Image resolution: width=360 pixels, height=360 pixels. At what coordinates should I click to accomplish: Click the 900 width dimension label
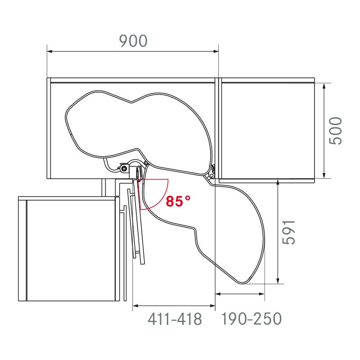tap(133, 41)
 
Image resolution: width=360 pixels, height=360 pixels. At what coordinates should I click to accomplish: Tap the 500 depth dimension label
tap(336, 130)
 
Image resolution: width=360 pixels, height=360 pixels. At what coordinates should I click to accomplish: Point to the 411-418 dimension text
tap(175, 319)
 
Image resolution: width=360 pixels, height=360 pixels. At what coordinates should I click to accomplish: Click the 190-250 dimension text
tap(251, 319)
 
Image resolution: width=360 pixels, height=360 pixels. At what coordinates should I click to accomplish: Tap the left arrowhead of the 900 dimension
tap(50, 52)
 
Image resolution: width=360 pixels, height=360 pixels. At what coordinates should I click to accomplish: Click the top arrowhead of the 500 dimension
tap(324, 86)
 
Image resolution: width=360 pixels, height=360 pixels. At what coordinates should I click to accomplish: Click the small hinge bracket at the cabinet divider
tap(212, 172)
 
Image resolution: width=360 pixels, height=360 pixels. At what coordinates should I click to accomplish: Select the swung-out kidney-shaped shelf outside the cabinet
tap(229, 229)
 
